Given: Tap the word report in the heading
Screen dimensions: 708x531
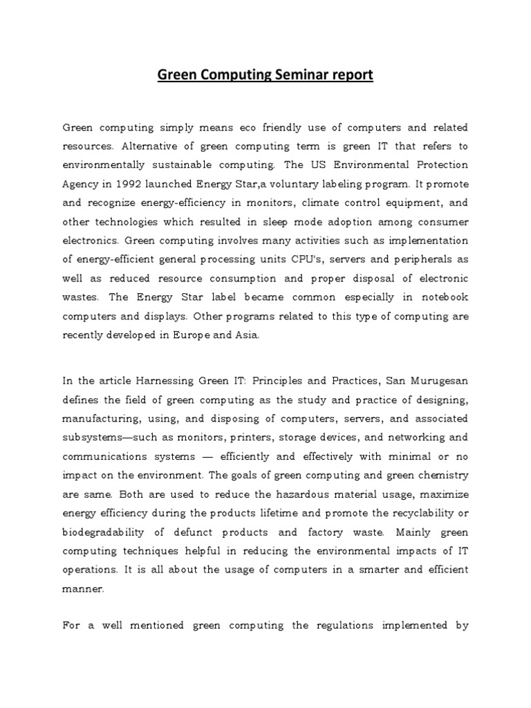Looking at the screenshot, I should [348, 75].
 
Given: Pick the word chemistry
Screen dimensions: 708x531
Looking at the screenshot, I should [442, 474].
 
